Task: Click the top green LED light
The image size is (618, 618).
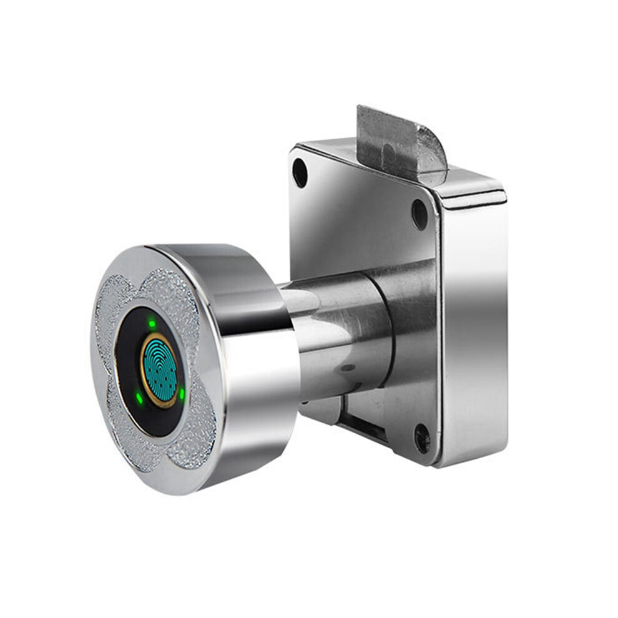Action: (x=152, y=323)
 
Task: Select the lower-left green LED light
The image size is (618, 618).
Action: (x=139, y=396)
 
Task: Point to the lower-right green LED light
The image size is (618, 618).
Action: (x=181, y=394)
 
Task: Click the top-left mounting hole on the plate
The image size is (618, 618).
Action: (x=300, y=173)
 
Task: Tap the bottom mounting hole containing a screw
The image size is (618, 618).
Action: (x=422, y=439)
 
